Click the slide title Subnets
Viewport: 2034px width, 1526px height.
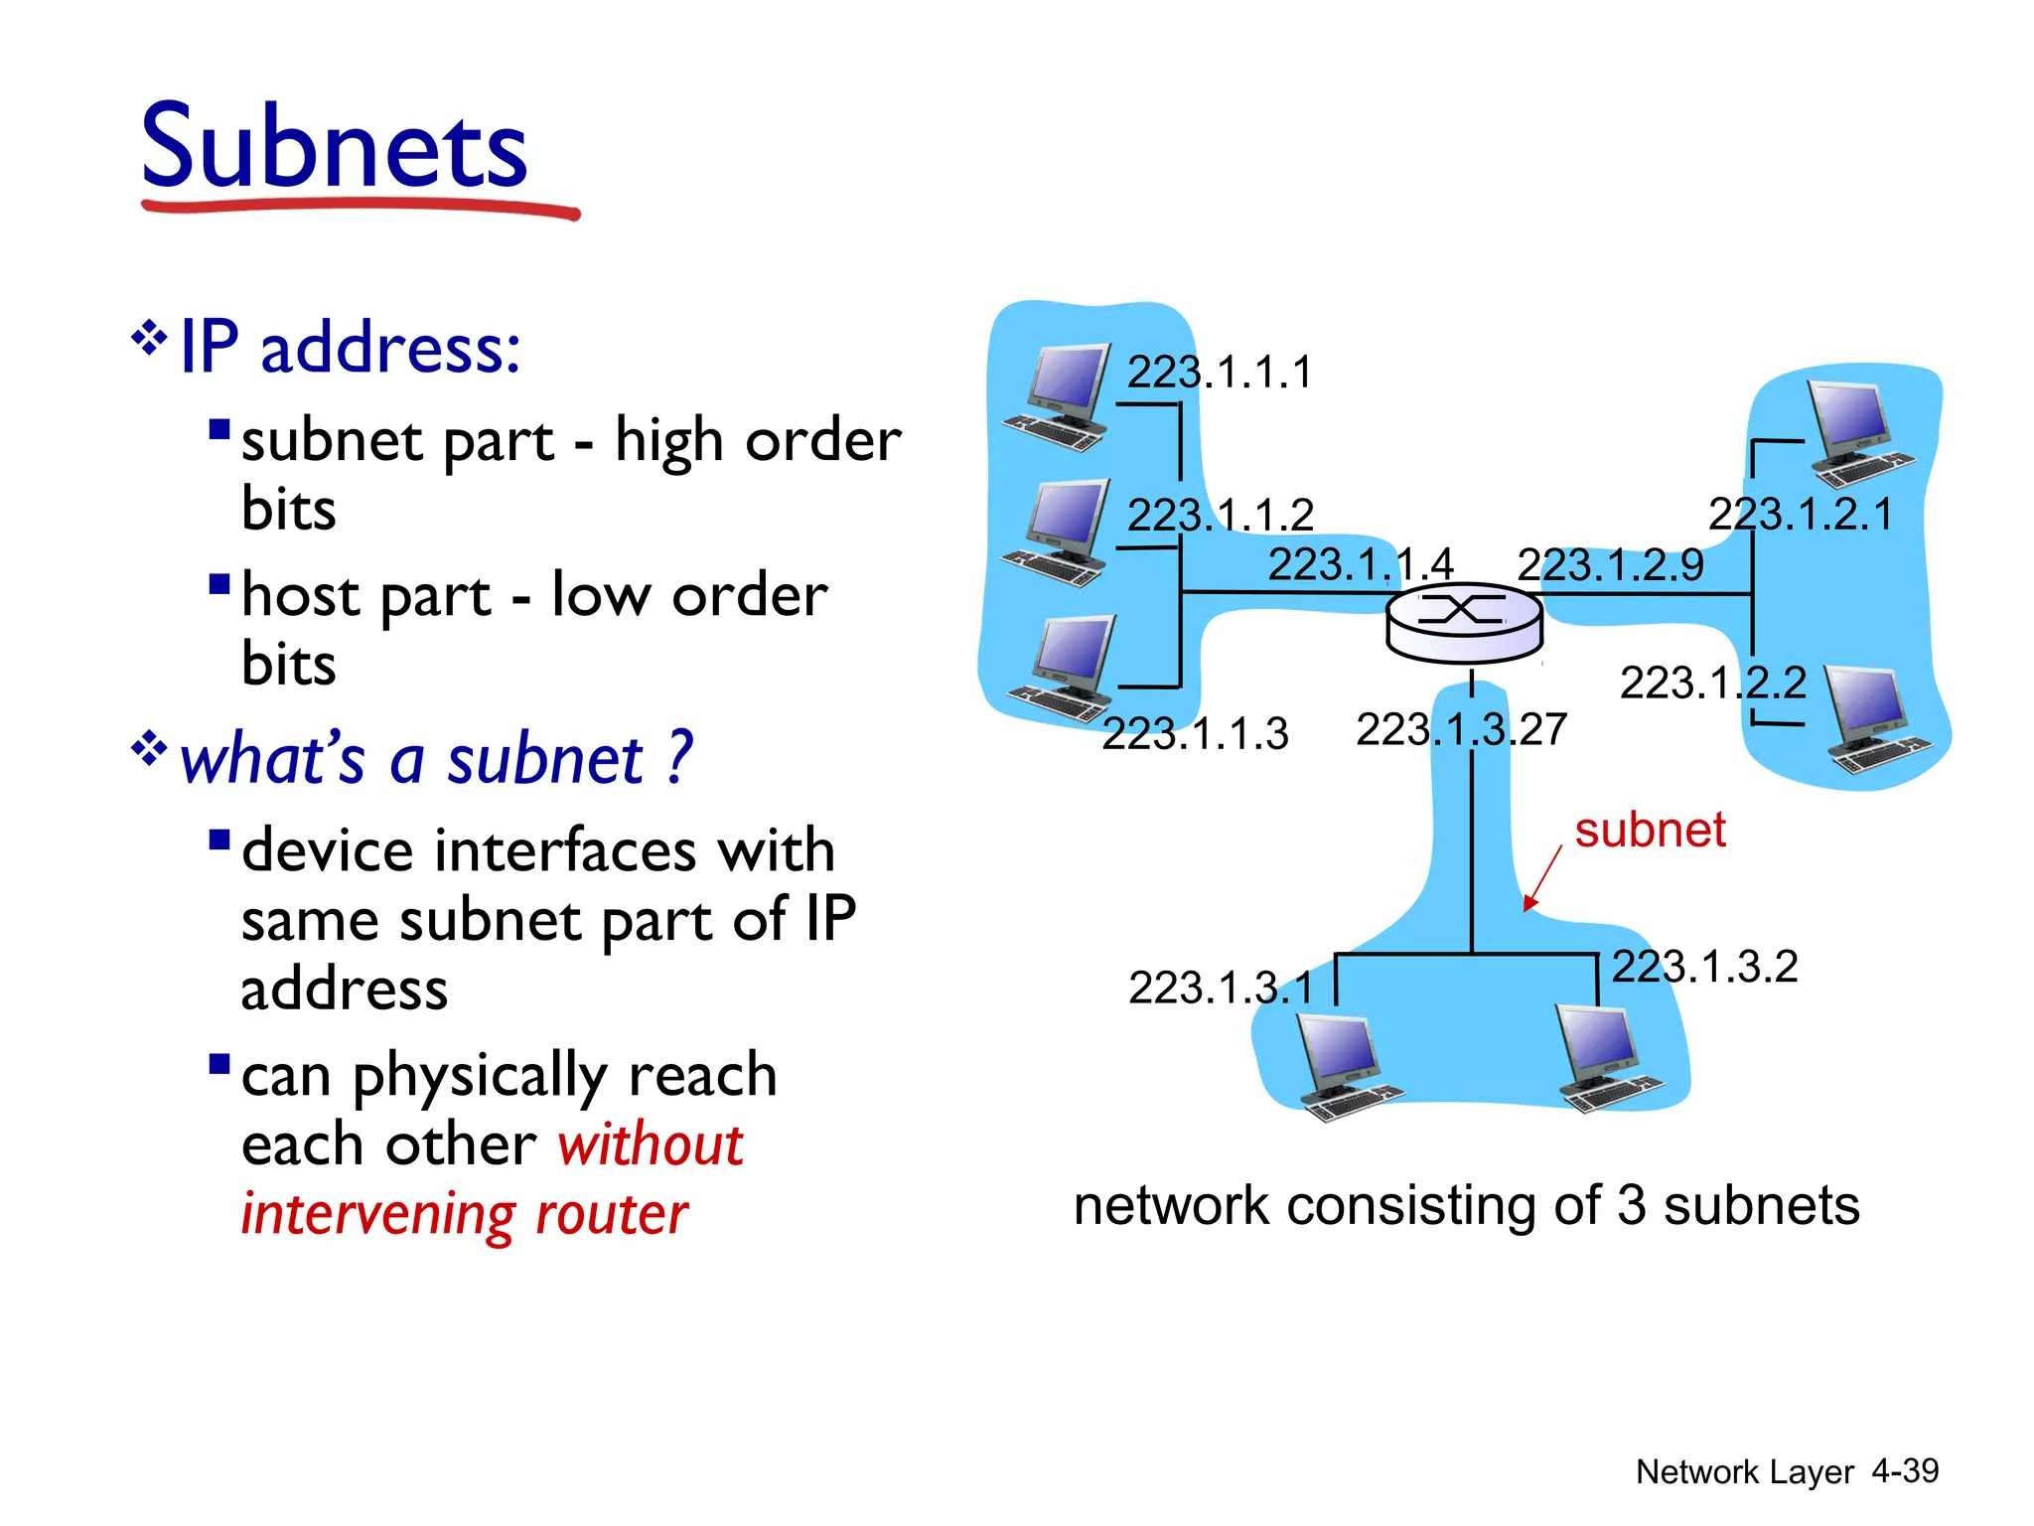point(334,147)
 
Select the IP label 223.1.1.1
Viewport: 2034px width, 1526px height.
point(1219,373)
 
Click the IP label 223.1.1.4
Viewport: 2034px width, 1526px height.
point(1361,564)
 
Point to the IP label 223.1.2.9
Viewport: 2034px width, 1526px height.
point(1610,565)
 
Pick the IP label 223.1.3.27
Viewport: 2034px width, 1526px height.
point(1461,730)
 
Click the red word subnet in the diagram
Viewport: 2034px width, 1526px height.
point(1650,830)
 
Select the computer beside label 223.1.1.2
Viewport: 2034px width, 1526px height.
point(1057,533)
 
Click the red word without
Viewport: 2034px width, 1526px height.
point(650,1144)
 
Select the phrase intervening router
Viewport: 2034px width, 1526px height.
point(465,1214)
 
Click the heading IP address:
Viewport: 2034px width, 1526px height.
point(350,348)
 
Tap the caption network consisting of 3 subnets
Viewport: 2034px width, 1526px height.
point(1466,1206)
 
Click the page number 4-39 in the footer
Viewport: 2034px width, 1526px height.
point(1904,1470)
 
